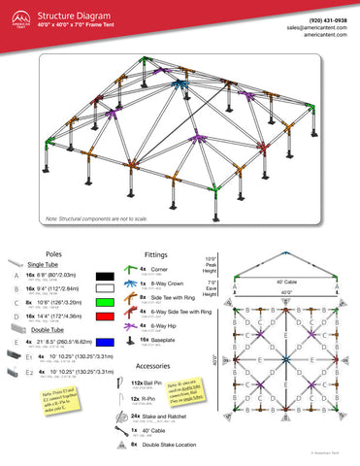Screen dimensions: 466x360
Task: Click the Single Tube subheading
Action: coord(45,263)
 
